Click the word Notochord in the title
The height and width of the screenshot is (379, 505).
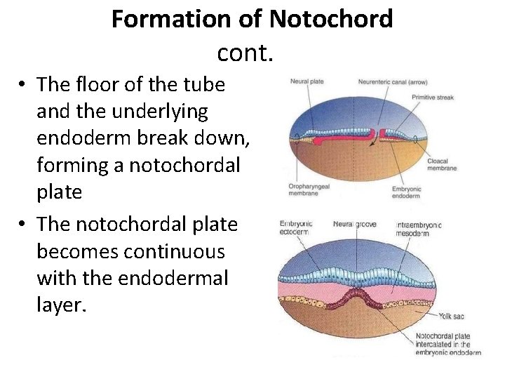tap(332, 19)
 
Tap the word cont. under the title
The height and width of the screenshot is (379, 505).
tap(245, 52)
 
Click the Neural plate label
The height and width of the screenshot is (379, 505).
tap(307, 81)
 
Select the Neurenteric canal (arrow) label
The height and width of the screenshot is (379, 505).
tap(393, 81)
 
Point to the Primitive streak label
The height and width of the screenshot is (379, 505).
tap(433, 98)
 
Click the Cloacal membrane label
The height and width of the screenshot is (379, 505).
tap(442, 165)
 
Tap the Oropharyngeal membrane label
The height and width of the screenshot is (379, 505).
tap(309, 189)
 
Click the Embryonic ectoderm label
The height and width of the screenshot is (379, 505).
tap(297, 227)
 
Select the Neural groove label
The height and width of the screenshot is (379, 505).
tap(354, 224)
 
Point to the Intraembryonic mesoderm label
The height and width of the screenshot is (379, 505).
tap(419, 229)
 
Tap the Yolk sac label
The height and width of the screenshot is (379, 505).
tap(451, 317)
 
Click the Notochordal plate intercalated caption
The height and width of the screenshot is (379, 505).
tap(448, 344)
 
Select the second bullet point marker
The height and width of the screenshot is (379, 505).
tap(23, 225)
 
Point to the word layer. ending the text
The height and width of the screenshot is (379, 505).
tap(62, 305)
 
